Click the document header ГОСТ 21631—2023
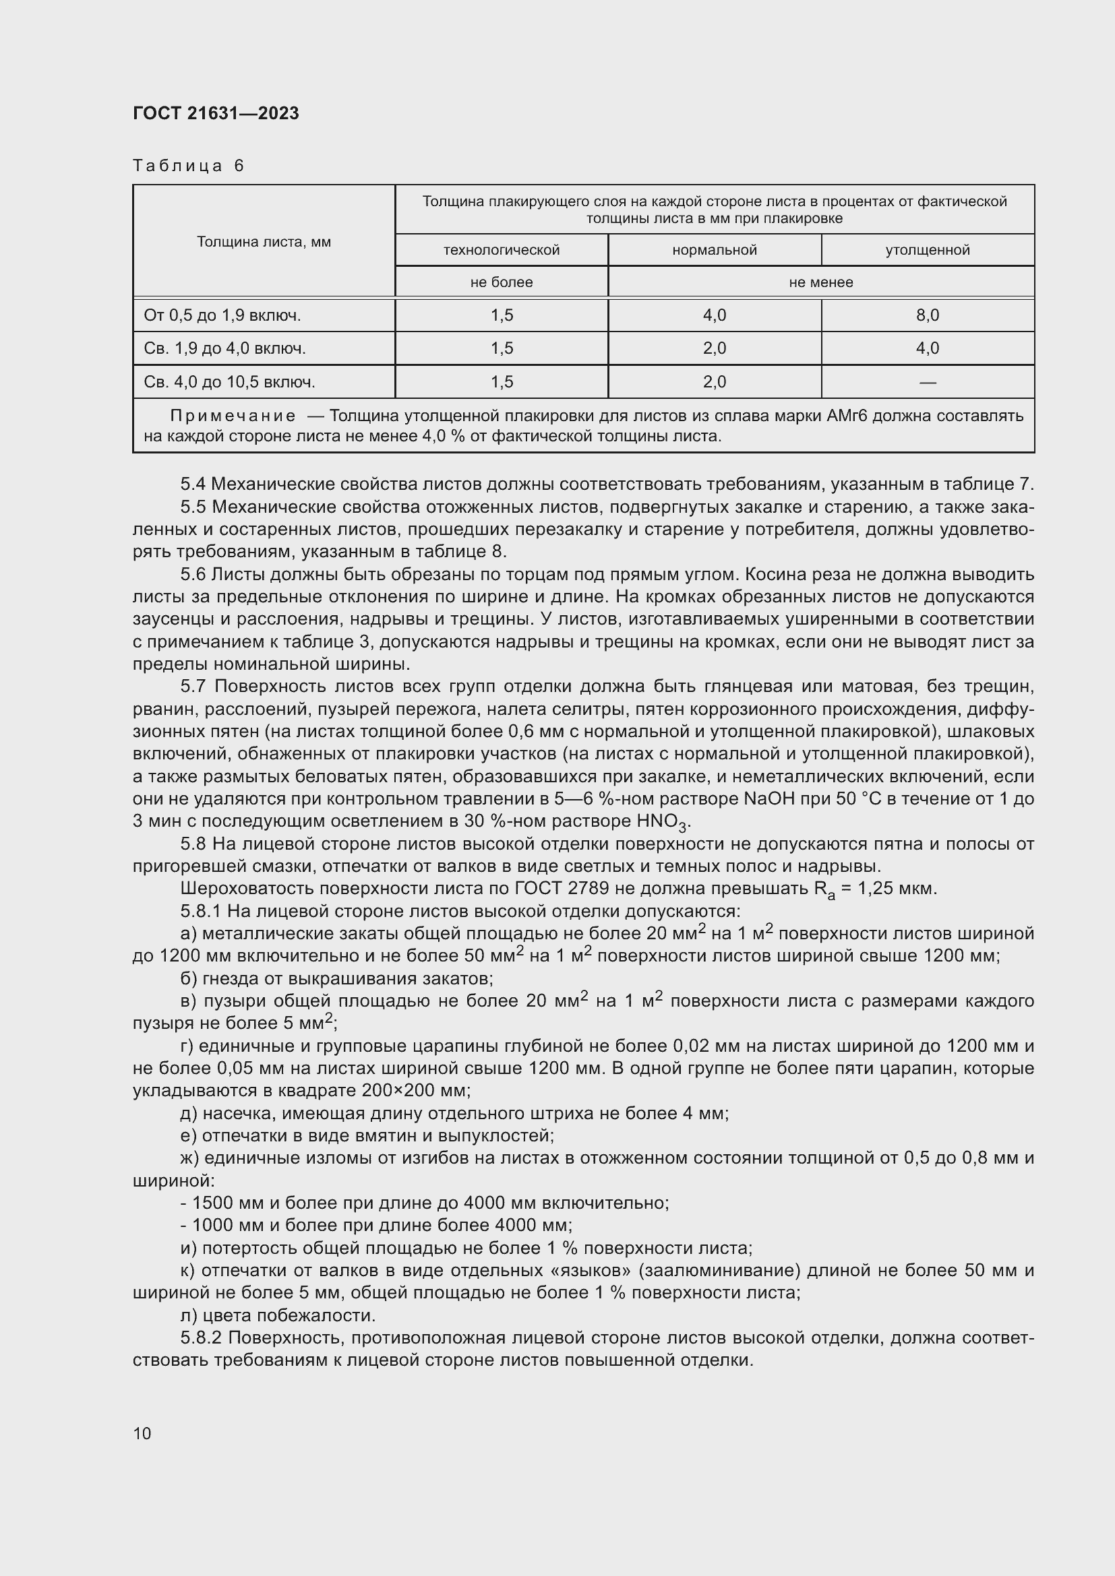(x=216, y=113)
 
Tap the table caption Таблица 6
(x=188, y=166)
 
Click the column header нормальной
(x=714, y=250)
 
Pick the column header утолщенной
(x=927, y=250)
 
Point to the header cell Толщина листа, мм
(x=264, y=242)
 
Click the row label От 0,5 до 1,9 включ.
(x=222, y=315)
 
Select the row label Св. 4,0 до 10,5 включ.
(x=229, y=381)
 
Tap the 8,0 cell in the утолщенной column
(x=927, y=315)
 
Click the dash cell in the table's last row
(x=927, y=381)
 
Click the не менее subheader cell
(x=820, y=282)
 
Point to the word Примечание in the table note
(x=233, y=416)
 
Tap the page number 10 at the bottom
(x=142, y=1433)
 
